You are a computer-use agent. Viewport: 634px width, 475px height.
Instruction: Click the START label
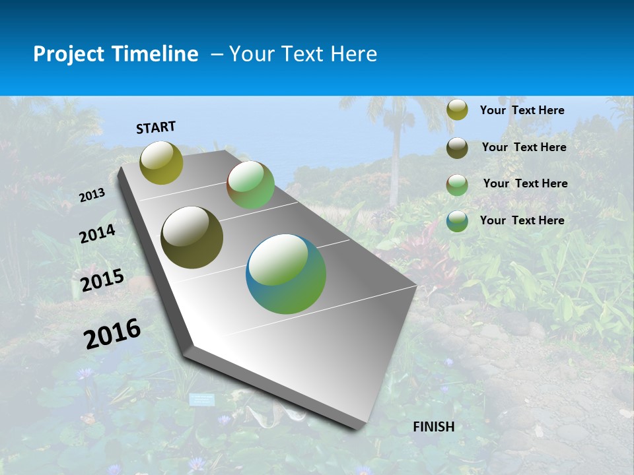tap(156, 127)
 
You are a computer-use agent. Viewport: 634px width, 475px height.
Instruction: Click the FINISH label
tap(433, 427)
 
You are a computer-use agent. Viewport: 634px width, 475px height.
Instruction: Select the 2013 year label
tap(92, 195)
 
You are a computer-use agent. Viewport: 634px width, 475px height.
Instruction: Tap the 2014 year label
tap(97, 234)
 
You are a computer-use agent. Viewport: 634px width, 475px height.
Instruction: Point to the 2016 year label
tap(112, 333)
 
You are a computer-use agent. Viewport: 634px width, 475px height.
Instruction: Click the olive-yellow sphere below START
tap(162, 163)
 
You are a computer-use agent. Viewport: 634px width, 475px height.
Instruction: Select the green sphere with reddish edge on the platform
tap(250, 185)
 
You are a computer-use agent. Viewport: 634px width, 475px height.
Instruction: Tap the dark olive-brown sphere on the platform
tap(192, 237)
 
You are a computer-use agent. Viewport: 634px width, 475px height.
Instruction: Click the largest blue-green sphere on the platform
tap(286, 274)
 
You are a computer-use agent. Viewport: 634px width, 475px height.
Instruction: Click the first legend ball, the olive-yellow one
tap(457, 110)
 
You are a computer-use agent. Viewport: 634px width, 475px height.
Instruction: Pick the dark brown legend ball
tap(457, 147)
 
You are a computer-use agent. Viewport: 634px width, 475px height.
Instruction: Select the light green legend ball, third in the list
tap(457, 184)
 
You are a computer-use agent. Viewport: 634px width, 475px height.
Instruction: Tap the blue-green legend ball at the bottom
tap(457, 220)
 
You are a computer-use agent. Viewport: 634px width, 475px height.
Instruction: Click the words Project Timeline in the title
tap(116, 54)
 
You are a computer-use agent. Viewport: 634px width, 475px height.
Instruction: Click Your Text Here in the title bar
tap(303, 54)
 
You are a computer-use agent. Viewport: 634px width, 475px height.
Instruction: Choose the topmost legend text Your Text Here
tap(522, 110)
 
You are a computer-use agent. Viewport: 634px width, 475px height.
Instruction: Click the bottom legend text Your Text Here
tap(522, 220)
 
